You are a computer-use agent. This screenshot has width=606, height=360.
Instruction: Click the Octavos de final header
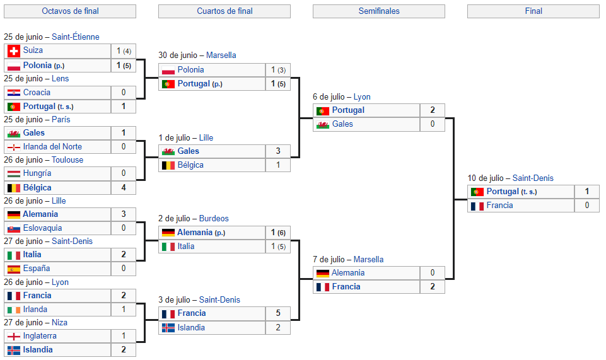[70, 11]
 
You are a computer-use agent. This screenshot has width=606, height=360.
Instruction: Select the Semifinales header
[379, 11]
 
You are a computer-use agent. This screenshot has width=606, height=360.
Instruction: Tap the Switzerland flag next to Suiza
[14, 50]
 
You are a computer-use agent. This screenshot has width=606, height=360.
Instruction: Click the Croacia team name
[37, 92]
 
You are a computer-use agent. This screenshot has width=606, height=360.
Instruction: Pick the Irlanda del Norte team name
[52, 146]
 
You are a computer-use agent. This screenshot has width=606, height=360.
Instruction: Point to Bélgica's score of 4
[124, 187]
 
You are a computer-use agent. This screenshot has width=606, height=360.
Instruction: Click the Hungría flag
[14, 174]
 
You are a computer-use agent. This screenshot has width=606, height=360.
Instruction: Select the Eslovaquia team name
[42, 228]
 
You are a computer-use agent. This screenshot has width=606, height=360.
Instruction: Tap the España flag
[14, 269]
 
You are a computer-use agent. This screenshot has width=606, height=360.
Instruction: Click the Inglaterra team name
[40, 335]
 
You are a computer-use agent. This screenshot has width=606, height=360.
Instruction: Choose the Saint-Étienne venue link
[76, 37]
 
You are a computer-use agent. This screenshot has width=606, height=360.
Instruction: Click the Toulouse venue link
[67, 160]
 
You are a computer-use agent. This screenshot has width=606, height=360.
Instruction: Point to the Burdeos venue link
[214, 218]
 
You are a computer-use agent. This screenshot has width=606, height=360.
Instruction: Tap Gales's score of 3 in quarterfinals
[278, 151]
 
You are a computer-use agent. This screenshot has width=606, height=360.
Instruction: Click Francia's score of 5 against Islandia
[278, 313]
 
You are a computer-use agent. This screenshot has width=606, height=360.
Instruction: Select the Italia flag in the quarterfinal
[168, 247]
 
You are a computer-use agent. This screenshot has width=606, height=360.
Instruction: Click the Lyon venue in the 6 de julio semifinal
[362, 96]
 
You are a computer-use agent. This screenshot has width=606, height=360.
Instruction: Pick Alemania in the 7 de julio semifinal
[348, 273]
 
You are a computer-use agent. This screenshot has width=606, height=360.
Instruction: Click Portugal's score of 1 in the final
[586, 191]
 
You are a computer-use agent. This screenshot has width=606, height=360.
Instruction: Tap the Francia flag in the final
[477, 206]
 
